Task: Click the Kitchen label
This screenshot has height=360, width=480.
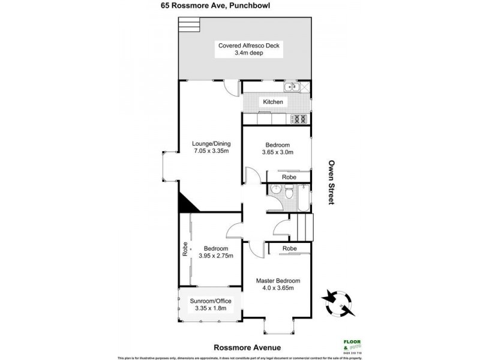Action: pos(272,102)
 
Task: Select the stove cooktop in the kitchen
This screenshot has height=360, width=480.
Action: pos(299,118)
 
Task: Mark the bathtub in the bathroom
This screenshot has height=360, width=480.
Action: pos(302,197)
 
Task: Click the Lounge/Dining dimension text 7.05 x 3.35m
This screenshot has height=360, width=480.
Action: pos(211,152)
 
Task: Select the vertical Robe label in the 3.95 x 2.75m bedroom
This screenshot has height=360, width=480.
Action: pos(185,249)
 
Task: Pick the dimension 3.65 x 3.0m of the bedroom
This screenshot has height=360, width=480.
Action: pos(277,152)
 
